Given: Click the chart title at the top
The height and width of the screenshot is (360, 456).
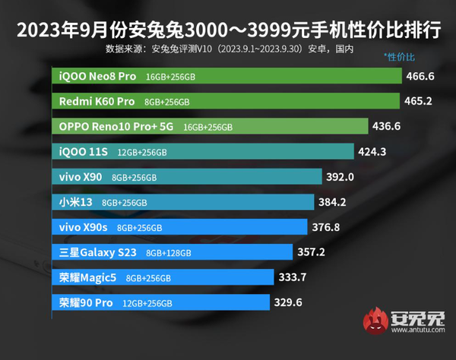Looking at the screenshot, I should (228, 31).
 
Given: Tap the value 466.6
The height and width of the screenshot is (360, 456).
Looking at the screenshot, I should (421, 77).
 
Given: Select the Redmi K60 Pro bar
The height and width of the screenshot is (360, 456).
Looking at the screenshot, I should (228, 101).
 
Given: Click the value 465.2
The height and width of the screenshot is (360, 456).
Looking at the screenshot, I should (420, 101).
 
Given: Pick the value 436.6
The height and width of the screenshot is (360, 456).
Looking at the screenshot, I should (388, 126).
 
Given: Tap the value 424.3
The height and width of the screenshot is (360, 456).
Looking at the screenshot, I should (372, 151).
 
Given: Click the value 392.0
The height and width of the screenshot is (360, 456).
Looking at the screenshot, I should (340, 176).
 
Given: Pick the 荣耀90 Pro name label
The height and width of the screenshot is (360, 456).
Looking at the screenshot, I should (86, 302).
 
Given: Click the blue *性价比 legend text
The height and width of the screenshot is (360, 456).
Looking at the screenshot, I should (401, 57).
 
